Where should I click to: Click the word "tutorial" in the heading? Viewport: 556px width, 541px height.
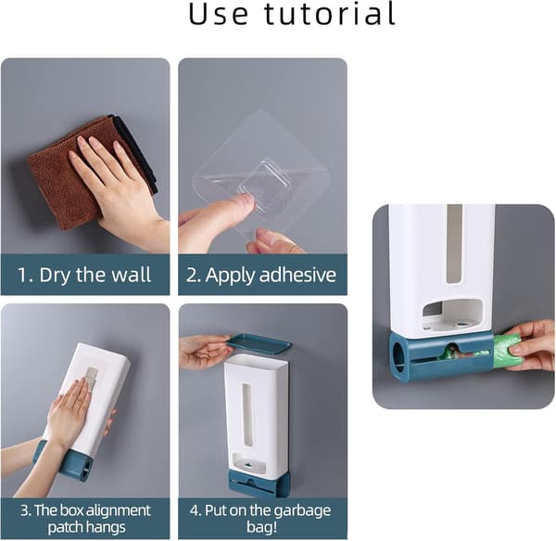(x=330, y=14)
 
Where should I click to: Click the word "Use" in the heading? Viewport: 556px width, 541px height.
(x=218, y=14)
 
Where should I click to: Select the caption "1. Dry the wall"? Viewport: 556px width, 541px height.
(x=84, y=275)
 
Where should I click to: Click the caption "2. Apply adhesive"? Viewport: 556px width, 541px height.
(x=261, y=275)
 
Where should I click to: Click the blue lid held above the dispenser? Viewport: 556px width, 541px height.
(x=259, y=343)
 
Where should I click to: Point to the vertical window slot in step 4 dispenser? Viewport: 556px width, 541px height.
(x=246, y=414)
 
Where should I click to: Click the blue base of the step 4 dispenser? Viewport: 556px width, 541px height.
(x=259, y=483)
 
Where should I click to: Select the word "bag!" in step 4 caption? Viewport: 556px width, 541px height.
(x=261, y=527)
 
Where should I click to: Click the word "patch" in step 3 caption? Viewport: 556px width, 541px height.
(x=64, y=527)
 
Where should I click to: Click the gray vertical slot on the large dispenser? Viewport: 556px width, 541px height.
(x=454, y=244)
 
